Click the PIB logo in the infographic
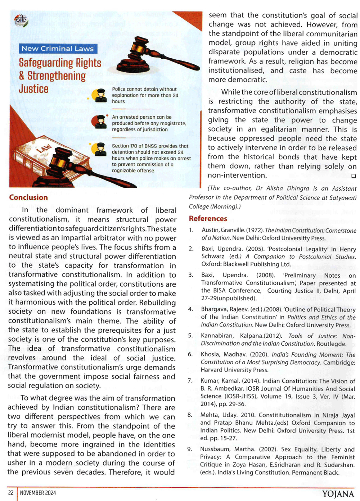point(21,21)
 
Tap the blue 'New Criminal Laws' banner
point(58,49)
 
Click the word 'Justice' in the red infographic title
point(33,89)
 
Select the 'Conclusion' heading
point(28,197)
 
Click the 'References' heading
point(208,219)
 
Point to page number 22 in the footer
point(11,493)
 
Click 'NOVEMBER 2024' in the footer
point(38,493)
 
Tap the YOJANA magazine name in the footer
point(338,494)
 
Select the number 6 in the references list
point(190,355)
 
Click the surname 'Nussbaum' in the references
point(215,449)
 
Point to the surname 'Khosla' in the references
point(211,355)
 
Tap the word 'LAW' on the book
point(44,148)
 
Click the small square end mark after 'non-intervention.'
point(354,176)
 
